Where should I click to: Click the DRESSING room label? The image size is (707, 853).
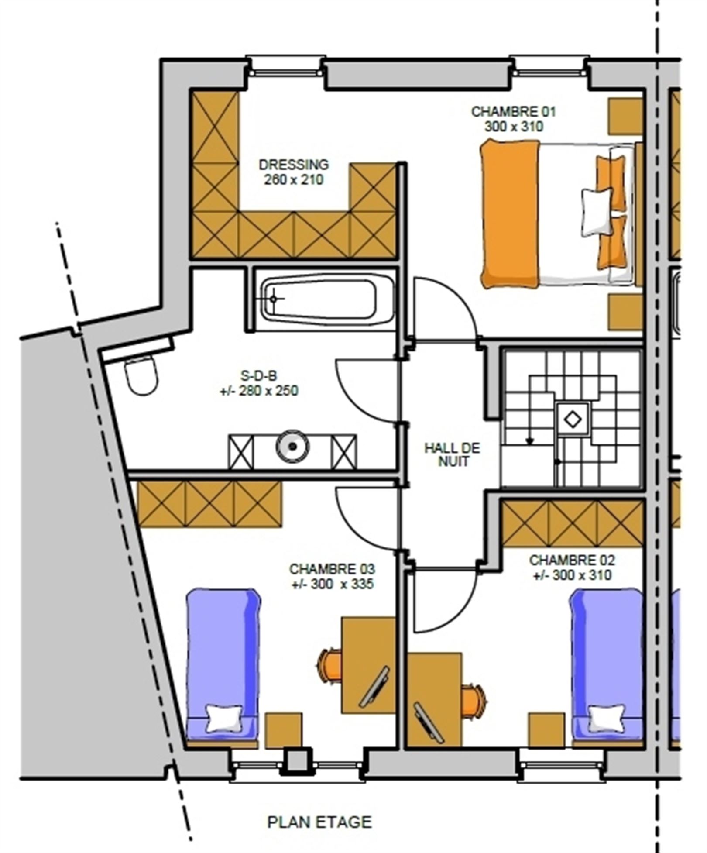(294, 165)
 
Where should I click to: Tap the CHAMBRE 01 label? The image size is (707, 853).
(514, 112)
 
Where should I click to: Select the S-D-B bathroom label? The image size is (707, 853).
(259, 375)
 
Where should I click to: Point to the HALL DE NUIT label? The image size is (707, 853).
(452, 454)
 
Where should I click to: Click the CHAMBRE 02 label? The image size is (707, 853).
(572, 560)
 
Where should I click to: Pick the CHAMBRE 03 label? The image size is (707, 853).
(332, 569)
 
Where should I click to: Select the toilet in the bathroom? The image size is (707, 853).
(141, 375)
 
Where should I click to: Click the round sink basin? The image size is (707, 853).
(293, 446)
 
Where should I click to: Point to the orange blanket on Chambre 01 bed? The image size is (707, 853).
(510, 214)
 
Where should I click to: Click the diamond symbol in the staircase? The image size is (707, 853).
(573, 420)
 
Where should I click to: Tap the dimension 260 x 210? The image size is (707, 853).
(294, 179)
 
